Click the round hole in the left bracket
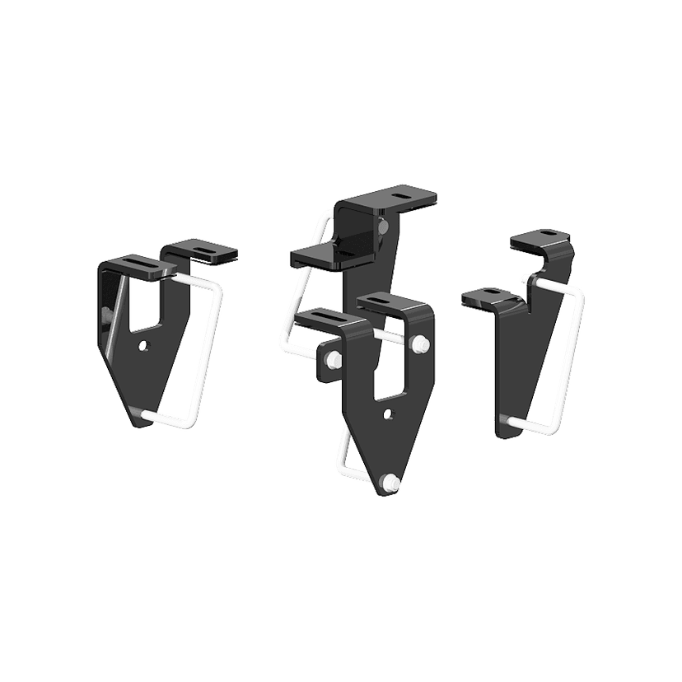(145, 344)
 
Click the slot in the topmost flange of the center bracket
(402, 195)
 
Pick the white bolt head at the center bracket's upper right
(423, 343)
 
